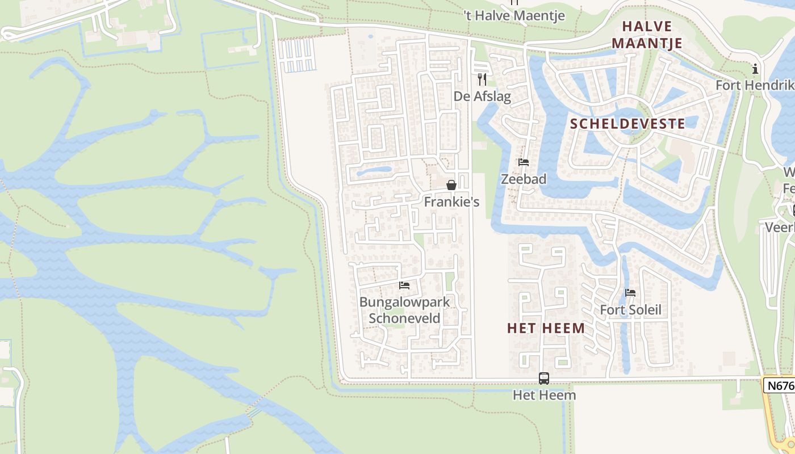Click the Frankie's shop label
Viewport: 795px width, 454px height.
[451, 202]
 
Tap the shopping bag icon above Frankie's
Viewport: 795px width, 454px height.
[451, 185]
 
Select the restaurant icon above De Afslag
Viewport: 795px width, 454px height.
[482, 79]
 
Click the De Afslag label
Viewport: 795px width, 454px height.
[482, 96]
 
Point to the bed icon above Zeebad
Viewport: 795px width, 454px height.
[524, 162]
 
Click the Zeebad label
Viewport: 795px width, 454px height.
[524, 179]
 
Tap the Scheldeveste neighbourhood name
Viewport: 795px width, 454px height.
[627, 124]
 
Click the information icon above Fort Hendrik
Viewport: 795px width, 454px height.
[755, 69]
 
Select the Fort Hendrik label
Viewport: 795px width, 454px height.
[754, 85]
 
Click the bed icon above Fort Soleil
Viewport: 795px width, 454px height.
[630, 293]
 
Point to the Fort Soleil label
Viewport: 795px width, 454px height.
[631, 310]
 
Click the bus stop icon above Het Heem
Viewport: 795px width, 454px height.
[544, 378]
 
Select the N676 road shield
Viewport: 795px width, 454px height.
[779, 385]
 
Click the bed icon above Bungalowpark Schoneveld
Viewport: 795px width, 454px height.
[404, 285]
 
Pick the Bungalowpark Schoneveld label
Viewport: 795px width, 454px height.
[404, 310]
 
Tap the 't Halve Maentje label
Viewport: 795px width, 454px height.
[514, 15]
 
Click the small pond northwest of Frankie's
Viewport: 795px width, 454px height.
[375, 170]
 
